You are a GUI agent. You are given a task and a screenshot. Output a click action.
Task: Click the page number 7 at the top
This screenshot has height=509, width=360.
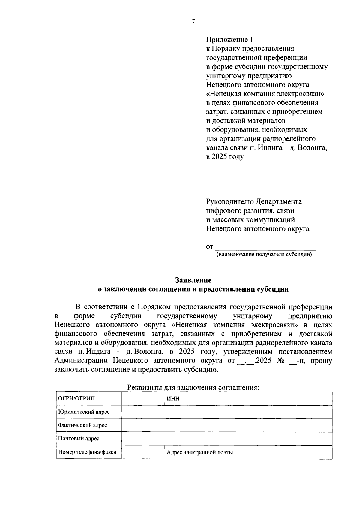pyautogui.click(x=193, y=22)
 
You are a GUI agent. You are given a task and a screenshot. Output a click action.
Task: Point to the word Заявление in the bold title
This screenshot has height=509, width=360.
pyautogui.click(x=193, y=280)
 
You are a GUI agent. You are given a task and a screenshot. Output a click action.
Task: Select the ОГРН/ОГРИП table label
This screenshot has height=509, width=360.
pyautogui.click(x=76, y=399)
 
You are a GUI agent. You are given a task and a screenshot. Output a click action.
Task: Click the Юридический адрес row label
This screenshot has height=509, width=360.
pyautogui.click(x=84, y=412)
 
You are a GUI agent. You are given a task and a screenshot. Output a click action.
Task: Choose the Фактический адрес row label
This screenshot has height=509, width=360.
pyautogui.click(x=82, y=425)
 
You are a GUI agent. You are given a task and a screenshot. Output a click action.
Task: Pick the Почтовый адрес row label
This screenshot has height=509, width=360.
pyautogui.click(x=79, y=439)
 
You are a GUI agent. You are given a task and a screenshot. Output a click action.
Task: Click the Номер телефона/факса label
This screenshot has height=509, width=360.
pyautogui.click(x=87, y=452)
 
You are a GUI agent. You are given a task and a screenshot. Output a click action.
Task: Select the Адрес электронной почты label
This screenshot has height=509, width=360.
pyautogui.click(x=200, y=452)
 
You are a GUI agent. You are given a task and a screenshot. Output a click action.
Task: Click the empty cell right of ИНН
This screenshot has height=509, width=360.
pyautogui.click(x=288, y=399)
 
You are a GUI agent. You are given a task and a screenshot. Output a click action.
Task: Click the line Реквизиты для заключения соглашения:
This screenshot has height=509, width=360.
pyautogui.click(x=193, y=387)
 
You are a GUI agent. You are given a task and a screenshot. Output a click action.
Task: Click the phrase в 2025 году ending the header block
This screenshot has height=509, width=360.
pyautogui.click(x=225, y=157)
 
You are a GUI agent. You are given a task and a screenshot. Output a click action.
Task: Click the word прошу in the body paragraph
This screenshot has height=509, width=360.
pyautogui.click(x=321, y=360)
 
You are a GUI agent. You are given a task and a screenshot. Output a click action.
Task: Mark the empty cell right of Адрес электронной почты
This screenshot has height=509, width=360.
pyautogui.click(x=288, y=452)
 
